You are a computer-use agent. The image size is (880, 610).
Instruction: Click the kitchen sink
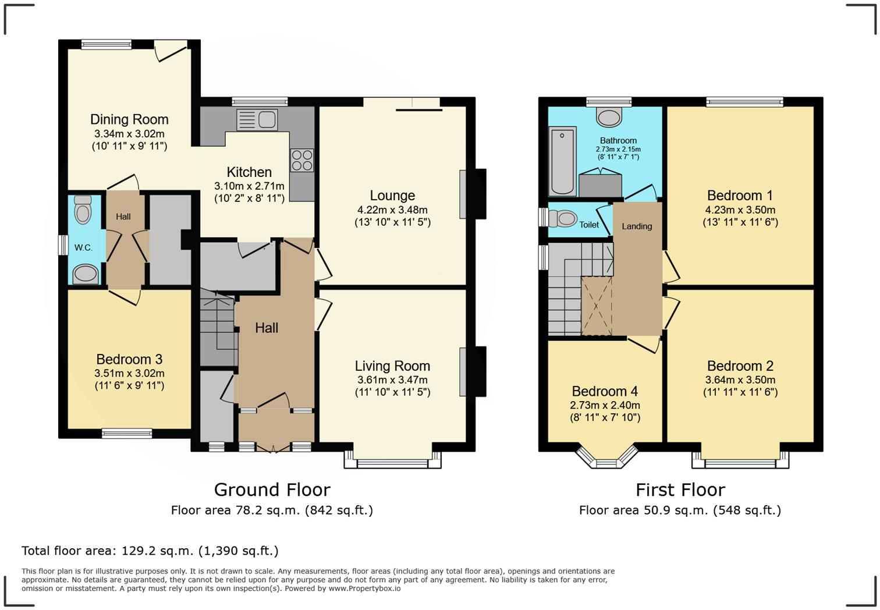click(x=257, y=119)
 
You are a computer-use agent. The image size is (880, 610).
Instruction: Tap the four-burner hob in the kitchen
click(x=301, y=160)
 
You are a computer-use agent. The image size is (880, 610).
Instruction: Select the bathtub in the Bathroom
click(x=562, y=161)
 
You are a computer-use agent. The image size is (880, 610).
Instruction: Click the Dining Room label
click(x=129, y=119)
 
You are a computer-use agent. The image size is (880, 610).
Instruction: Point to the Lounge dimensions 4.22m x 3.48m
click(x=392, y=210)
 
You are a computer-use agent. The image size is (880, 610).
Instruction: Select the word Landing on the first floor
click(x=637, y=226)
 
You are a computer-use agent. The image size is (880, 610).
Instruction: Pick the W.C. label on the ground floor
click(x=83, y=247)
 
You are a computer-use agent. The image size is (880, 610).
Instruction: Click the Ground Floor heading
click(x=272, y=490)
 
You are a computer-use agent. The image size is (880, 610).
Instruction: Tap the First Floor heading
click(x=680, y=490)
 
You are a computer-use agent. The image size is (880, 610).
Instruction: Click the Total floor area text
click(x=150, y=551)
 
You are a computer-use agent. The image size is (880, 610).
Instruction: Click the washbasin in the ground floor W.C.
click(x=86, y=274)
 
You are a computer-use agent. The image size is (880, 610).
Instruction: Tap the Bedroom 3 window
click(x=127, y=433)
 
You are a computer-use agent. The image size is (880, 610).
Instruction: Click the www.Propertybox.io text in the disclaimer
click(x=364, y=588)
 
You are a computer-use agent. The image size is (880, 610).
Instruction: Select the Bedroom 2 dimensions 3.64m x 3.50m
click(x=740, y=380)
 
